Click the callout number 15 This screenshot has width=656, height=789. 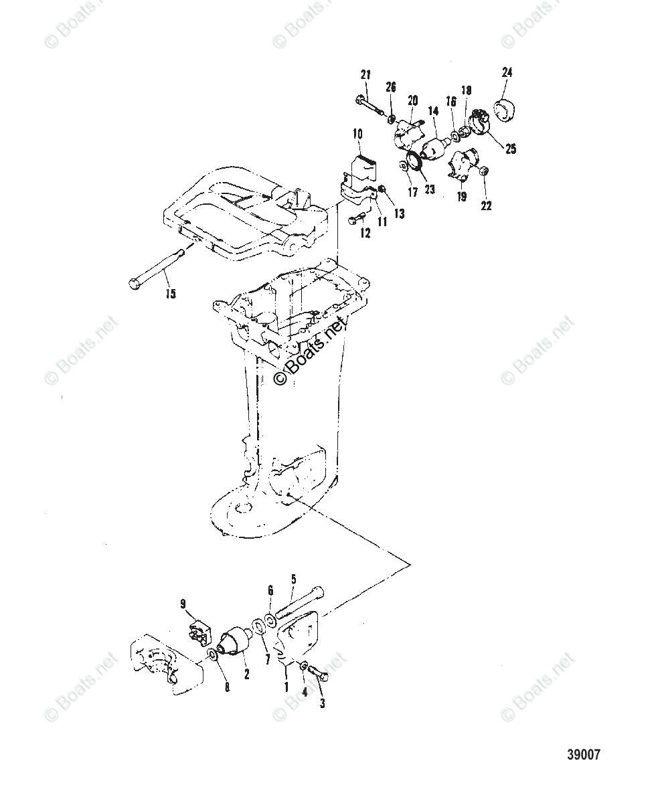(171, 293)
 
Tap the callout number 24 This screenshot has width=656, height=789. (507, 72)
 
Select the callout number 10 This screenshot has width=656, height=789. (357, 135)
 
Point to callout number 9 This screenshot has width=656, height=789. (183, 604)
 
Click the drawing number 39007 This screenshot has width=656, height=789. (584, 755)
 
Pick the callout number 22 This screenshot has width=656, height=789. (486, 205)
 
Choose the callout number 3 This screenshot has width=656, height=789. (322, 703)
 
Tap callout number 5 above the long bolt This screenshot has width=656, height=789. (293, 579)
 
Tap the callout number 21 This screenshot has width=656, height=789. (365, 74)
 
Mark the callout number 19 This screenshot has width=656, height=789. (462, 196)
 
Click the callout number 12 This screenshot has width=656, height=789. (365, 233)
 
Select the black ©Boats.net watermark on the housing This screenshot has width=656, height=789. (310, 352)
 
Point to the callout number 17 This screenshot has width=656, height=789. (413, 192)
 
